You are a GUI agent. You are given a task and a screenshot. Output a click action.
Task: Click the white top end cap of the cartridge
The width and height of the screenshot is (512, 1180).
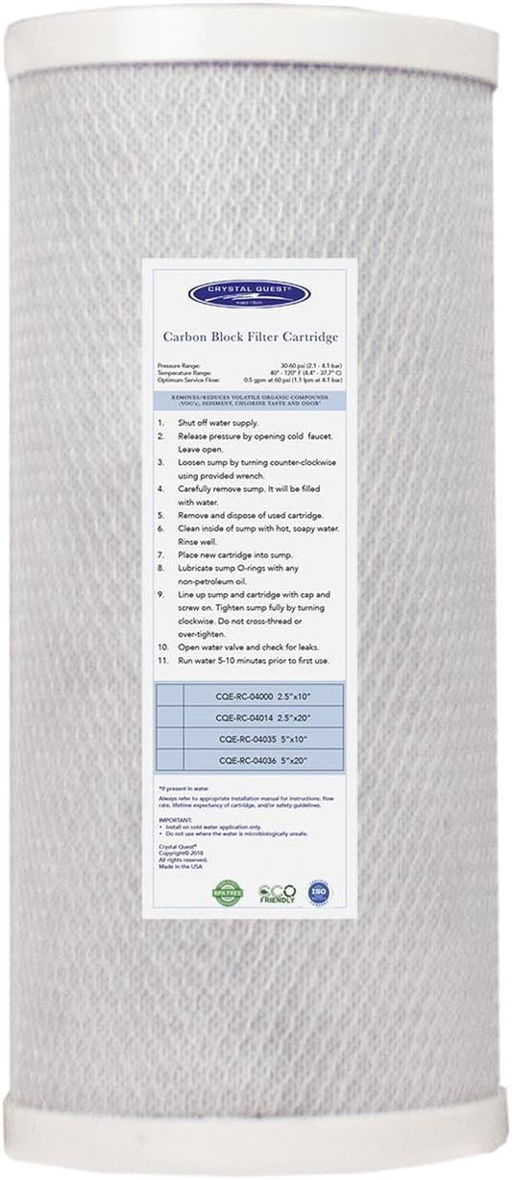(x=255, y=34)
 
